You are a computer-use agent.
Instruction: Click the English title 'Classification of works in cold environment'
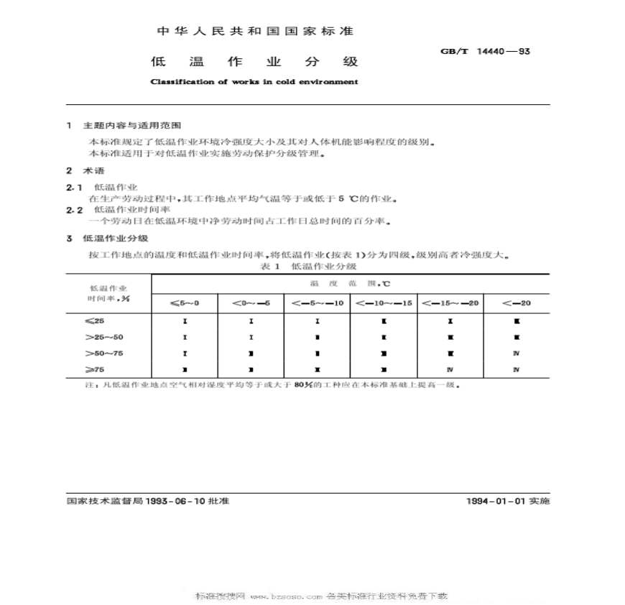254,82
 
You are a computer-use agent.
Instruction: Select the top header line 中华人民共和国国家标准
254,32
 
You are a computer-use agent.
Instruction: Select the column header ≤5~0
185,303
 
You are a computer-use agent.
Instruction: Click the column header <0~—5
251,303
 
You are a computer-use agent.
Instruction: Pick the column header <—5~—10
317,303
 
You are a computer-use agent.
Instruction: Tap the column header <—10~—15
384,303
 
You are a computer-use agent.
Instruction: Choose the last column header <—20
517,303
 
